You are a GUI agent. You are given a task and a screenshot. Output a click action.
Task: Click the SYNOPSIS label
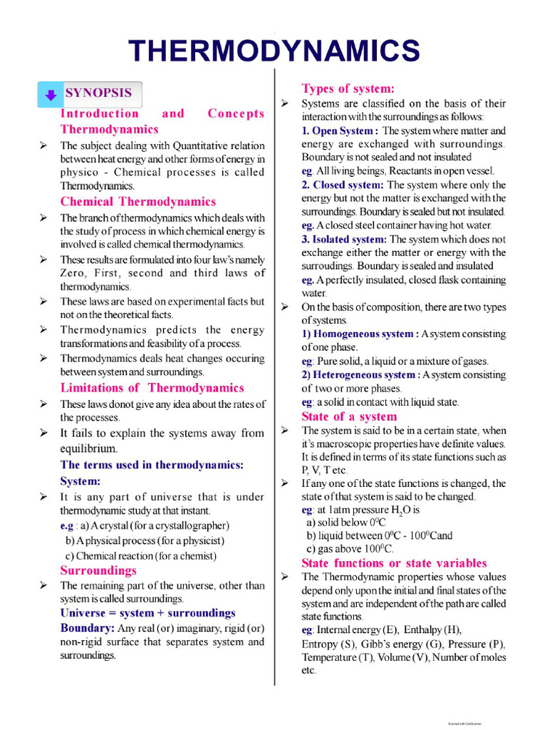click(98, 93)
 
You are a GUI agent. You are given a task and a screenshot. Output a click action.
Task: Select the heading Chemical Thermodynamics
click(137, 202)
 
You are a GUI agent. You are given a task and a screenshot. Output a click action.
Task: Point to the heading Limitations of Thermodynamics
click(152, 388)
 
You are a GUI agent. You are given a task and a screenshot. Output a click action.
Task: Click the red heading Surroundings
click(98, 570)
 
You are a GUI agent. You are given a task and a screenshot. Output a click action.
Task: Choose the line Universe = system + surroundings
click(147, 613)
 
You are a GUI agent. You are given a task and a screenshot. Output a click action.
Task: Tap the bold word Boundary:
click(87, 628)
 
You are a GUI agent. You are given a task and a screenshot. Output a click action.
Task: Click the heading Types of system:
click(348, 88)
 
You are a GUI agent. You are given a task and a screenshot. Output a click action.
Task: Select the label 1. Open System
click(338, 131)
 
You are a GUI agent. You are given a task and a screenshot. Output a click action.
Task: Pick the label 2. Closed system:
click(342, 185)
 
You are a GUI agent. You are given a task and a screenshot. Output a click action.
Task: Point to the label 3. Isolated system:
click(344, 240)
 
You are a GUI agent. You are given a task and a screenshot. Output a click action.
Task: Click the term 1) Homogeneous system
click(358, 334)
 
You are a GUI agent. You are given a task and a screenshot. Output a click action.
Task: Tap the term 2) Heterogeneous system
click(359, 375)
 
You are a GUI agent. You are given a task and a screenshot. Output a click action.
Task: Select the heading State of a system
click(349, 416)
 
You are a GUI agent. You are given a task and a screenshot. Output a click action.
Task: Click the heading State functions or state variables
click(394, 563)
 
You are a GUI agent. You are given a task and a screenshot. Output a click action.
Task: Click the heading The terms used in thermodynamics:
click(152, 465)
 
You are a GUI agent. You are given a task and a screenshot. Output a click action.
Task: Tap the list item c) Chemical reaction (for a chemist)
click(140, 556)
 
